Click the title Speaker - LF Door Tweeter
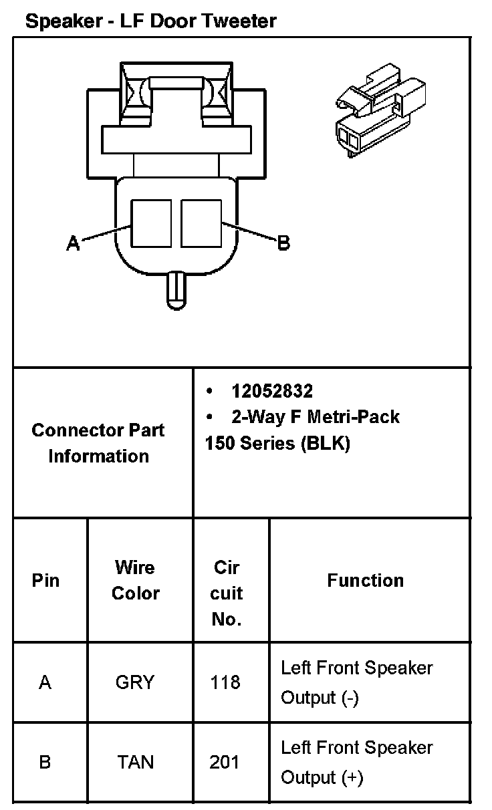click(150, 21)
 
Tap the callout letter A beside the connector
click(73, 243)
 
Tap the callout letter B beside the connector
click(283, 243)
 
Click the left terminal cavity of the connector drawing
click(150, 223)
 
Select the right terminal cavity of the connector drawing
click(201, 223)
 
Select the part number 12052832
click(272, 390)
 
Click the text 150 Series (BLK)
click(277, 443)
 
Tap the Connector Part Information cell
click(98, 442)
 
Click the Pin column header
click(45, 580)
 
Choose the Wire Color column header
click(135, 580)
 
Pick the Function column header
click(365, 580)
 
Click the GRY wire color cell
click(135, 682)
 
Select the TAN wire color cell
click(135, 762)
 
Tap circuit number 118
click(225, 682)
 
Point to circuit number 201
click(225, 762)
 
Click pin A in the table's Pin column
click(45, 682)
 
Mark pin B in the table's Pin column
click(45, 762)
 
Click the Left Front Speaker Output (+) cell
click(356, 762)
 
